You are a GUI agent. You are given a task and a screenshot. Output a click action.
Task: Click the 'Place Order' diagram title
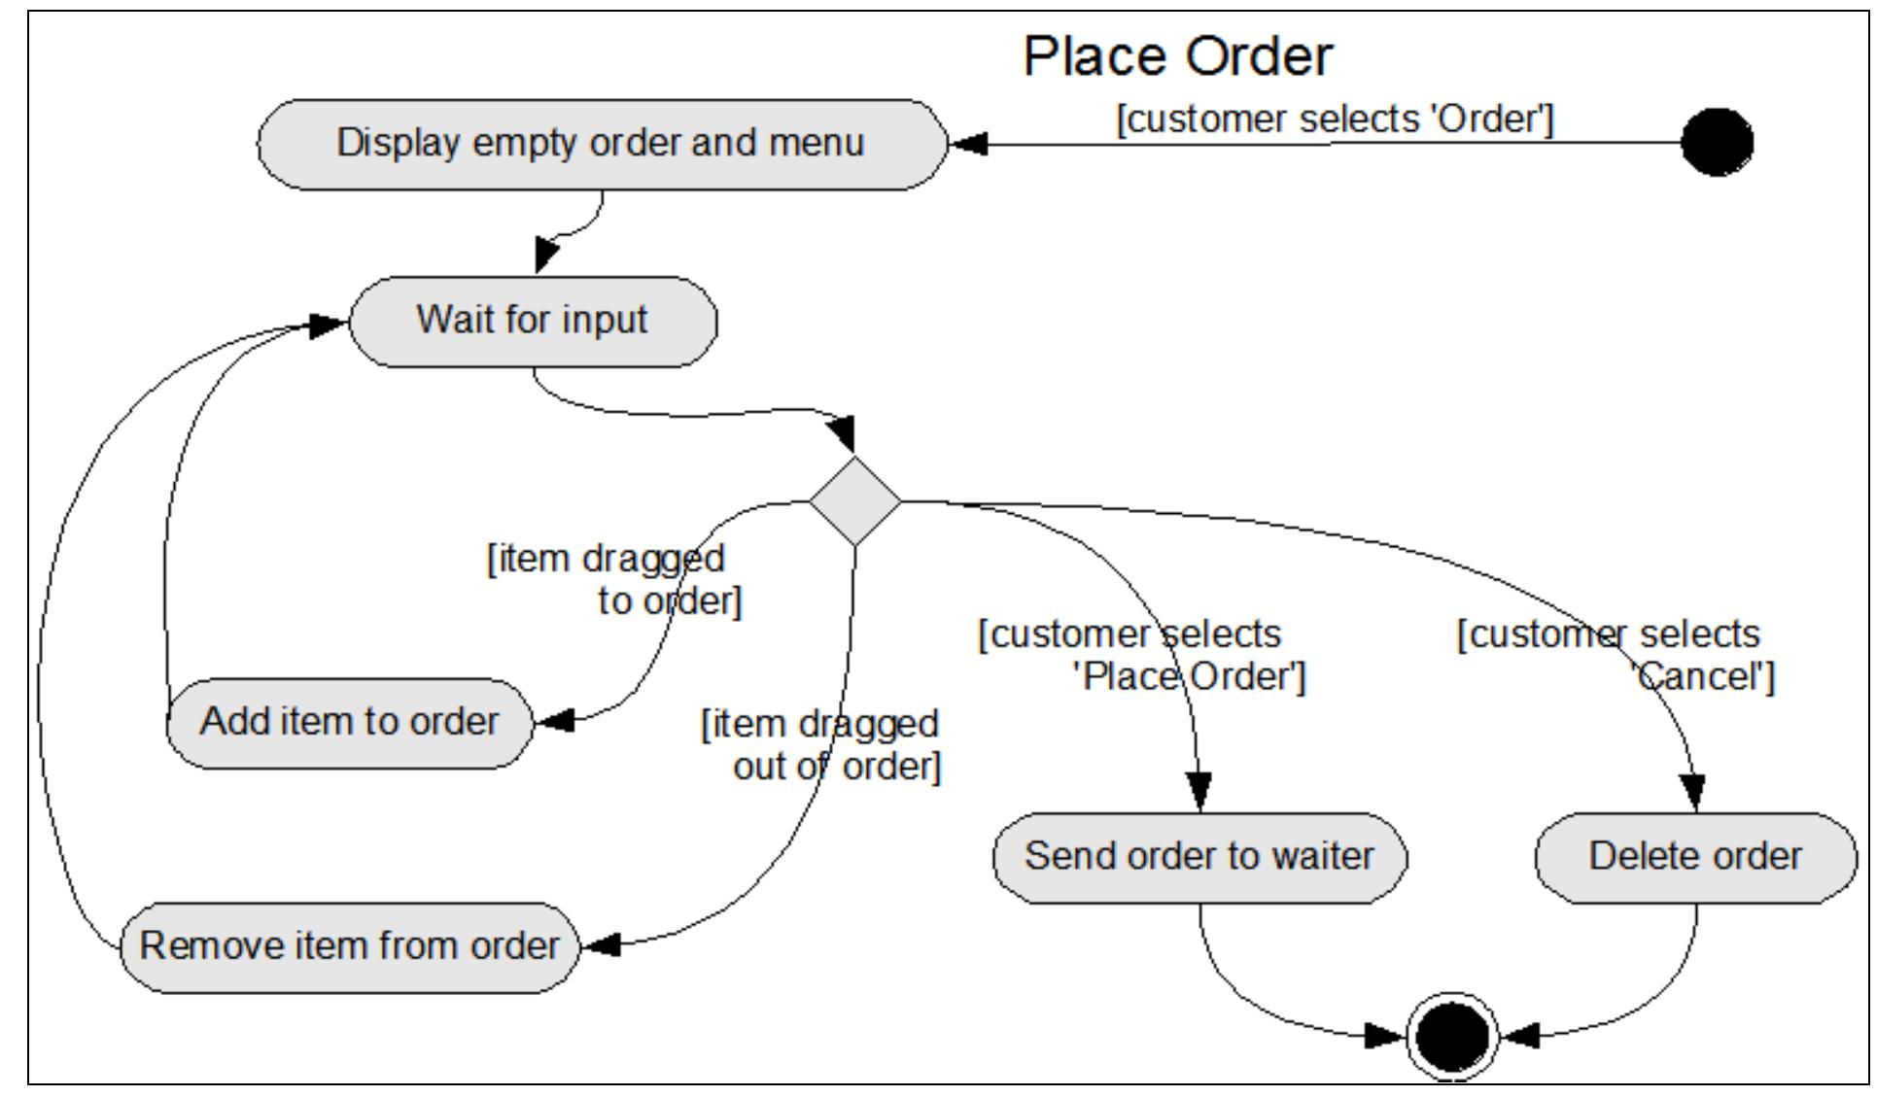pos(1177,56)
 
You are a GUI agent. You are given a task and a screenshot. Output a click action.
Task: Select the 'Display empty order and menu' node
pos(601,144)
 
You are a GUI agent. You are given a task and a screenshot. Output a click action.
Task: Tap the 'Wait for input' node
pos(533,321)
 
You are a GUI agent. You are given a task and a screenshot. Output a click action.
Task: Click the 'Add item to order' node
pos(350,723)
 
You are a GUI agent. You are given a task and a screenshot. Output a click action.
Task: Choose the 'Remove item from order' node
pos(350,946)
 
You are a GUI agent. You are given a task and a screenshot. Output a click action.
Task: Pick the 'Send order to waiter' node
pos(1199,857)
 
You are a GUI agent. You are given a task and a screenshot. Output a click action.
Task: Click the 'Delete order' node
pos(1695,857)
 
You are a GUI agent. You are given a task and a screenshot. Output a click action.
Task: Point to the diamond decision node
pos(855,501)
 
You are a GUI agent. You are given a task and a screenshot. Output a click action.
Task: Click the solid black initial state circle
pos(1717,142)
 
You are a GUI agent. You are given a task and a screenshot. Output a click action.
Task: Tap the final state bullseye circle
pos(1452,1036)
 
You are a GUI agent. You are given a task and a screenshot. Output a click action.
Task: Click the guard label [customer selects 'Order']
pos(1335,120)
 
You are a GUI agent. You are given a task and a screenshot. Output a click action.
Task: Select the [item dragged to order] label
pos(614,580)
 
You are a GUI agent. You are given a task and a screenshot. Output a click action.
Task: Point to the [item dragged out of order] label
pos(821,745)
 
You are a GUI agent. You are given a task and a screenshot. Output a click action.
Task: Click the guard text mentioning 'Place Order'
pos(1142,655)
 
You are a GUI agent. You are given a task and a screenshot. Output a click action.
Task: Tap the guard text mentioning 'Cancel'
pos(1616,655)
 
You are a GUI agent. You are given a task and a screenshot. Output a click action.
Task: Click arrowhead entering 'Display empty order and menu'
pos(968,145)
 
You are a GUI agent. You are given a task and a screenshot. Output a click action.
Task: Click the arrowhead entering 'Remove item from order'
pos(600,944)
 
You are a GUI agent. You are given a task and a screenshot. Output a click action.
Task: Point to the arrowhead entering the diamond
pos(845,432)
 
